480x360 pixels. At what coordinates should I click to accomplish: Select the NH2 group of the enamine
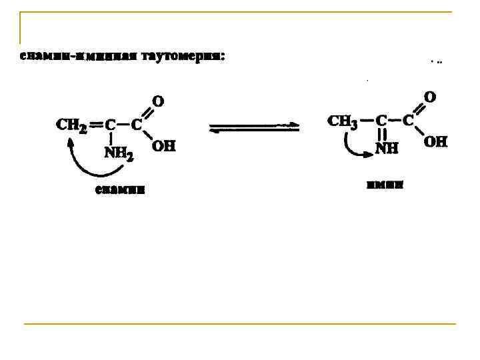118,154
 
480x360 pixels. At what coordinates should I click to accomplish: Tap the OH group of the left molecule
164,145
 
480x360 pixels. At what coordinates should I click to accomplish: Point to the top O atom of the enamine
158,101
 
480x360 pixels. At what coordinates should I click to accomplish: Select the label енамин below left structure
119,190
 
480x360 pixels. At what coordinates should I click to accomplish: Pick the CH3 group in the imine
344,121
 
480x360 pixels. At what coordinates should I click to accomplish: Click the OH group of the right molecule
436,141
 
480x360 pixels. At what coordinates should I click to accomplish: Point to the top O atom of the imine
430,97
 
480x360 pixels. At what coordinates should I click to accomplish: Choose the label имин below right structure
385,185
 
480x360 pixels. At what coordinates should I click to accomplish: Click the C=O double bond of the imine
418,109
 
